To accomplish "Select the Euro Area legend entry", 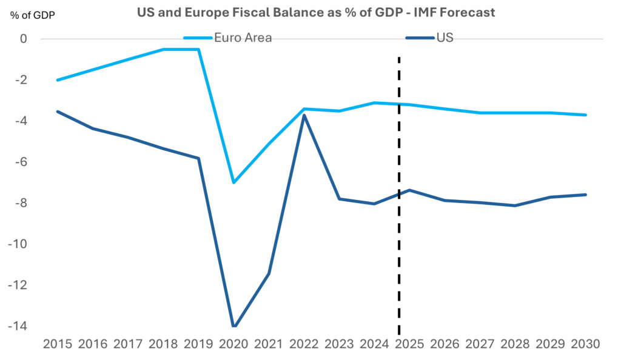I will (243, 38).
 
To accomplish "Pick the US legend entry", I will (445, 38).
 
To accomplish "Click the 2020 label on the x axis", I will (233, 344).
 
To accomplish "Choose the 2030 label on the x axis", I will (585, 344).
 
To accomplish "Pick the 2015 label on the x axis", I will (58, 344).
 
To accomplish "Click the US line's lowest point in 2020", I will (234, 326).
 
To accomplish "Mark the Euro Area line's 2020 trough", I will (233, 182).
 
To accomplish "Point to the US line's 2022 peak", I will (304, 115).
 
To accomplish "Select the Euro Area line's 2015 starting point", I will (58, 80).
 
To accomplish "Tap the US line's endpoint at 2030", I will (585, 195).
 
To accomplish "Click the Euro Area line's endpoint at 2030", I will (585, 115).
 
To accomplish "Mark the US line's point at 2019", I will (198, 158).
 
